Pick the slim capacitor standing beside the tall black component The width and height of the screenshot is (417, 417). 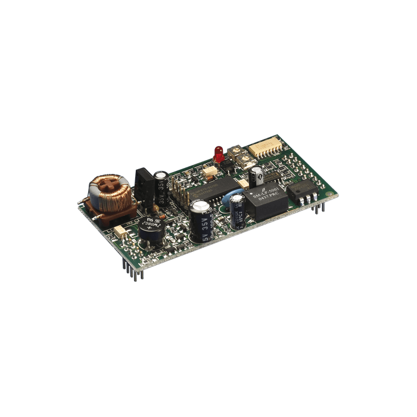(161, 188)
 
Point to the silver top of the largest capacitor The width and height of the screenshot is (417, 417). (201, 206)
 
